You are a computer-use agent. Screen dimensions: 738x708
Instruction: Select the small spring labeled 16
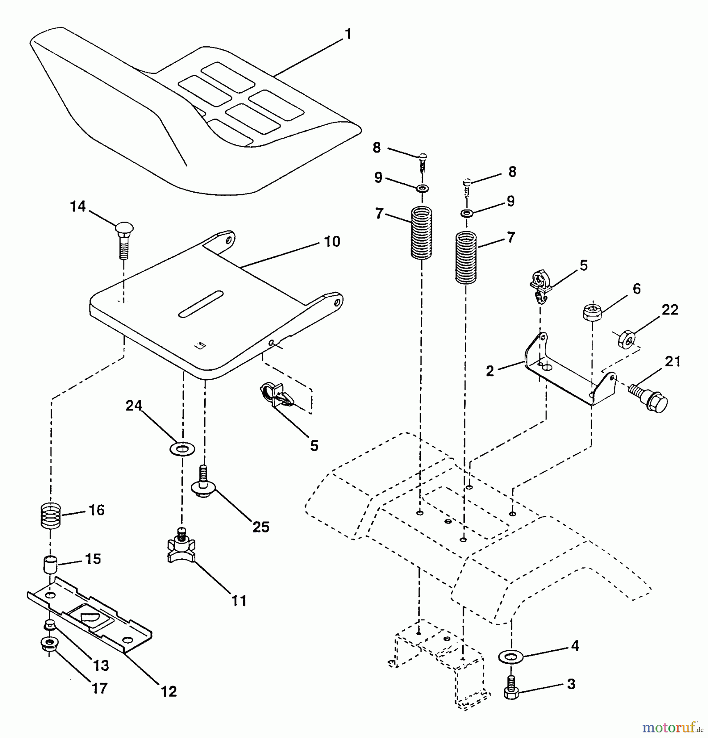[51, 516]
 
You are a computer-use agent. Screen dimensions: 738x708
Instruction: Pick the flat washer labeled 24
[182, 449]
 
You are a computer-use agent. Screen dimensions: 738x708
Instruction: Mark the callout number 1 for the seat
[348, 34]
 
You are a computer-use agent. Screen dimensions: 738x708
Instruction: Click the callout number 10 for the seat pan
[332, 241]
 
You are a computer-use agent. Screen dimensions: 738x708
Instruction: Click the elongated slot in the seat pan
[201, 304]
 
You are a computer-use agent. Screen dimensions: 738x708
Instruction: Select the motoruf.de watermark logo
[672, 728]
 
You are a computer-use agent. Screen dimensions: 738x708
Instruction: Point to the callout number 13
[101, 665]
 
